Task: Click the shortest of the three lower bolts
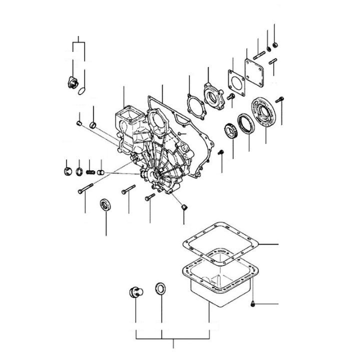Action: [x=150, y=198]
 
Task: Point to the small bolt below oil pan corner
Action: [x=254, y=303]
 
